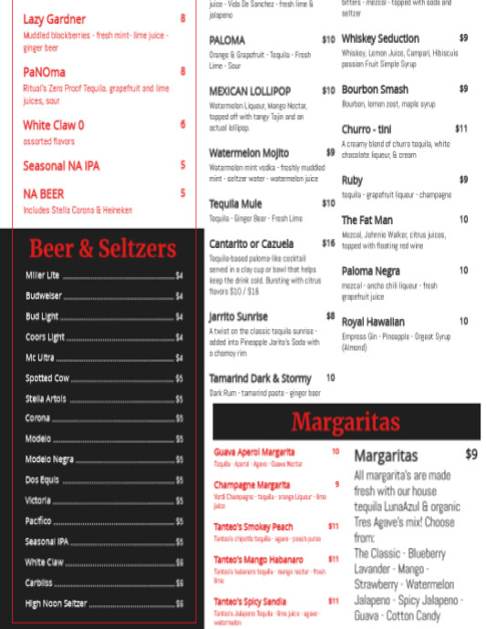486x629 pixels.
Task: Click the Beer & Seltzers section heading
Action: coord(102,248)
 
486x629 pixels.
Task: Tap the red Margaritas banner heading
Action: coord(346,421)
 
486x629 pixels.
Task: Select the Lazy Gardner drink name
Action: coord(55,19)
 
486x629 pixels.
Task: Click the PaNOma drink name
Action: coord(44,71)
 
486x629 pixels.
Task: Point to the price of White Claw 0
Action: coord(182,125)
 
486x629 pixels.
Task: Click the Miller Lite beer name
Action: coord(42,275)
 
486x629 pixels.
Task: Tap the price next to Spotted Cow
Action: coord(180,377)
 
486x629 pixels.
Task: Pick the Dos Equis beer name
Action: coord(42,479)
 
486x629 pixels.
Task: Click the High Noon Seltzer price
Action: coord(180,603)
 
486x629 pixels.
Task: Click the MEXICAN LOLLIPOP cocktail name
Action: coord(250,91)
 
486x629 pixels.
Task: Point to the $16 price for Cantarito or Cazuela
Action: coord(328,243)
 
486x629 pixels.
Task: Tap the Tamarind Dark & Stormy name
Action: coord(260,377)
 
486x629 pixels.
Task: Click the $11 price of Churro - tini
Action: coord(461,129)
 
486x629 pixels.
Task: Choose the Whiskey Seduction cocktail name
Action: coord(380,39)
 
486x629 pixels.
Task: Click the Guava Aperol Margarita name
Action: coord(254,451)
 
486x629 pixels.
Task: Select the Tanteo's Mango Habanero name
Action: coord(258,559)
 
